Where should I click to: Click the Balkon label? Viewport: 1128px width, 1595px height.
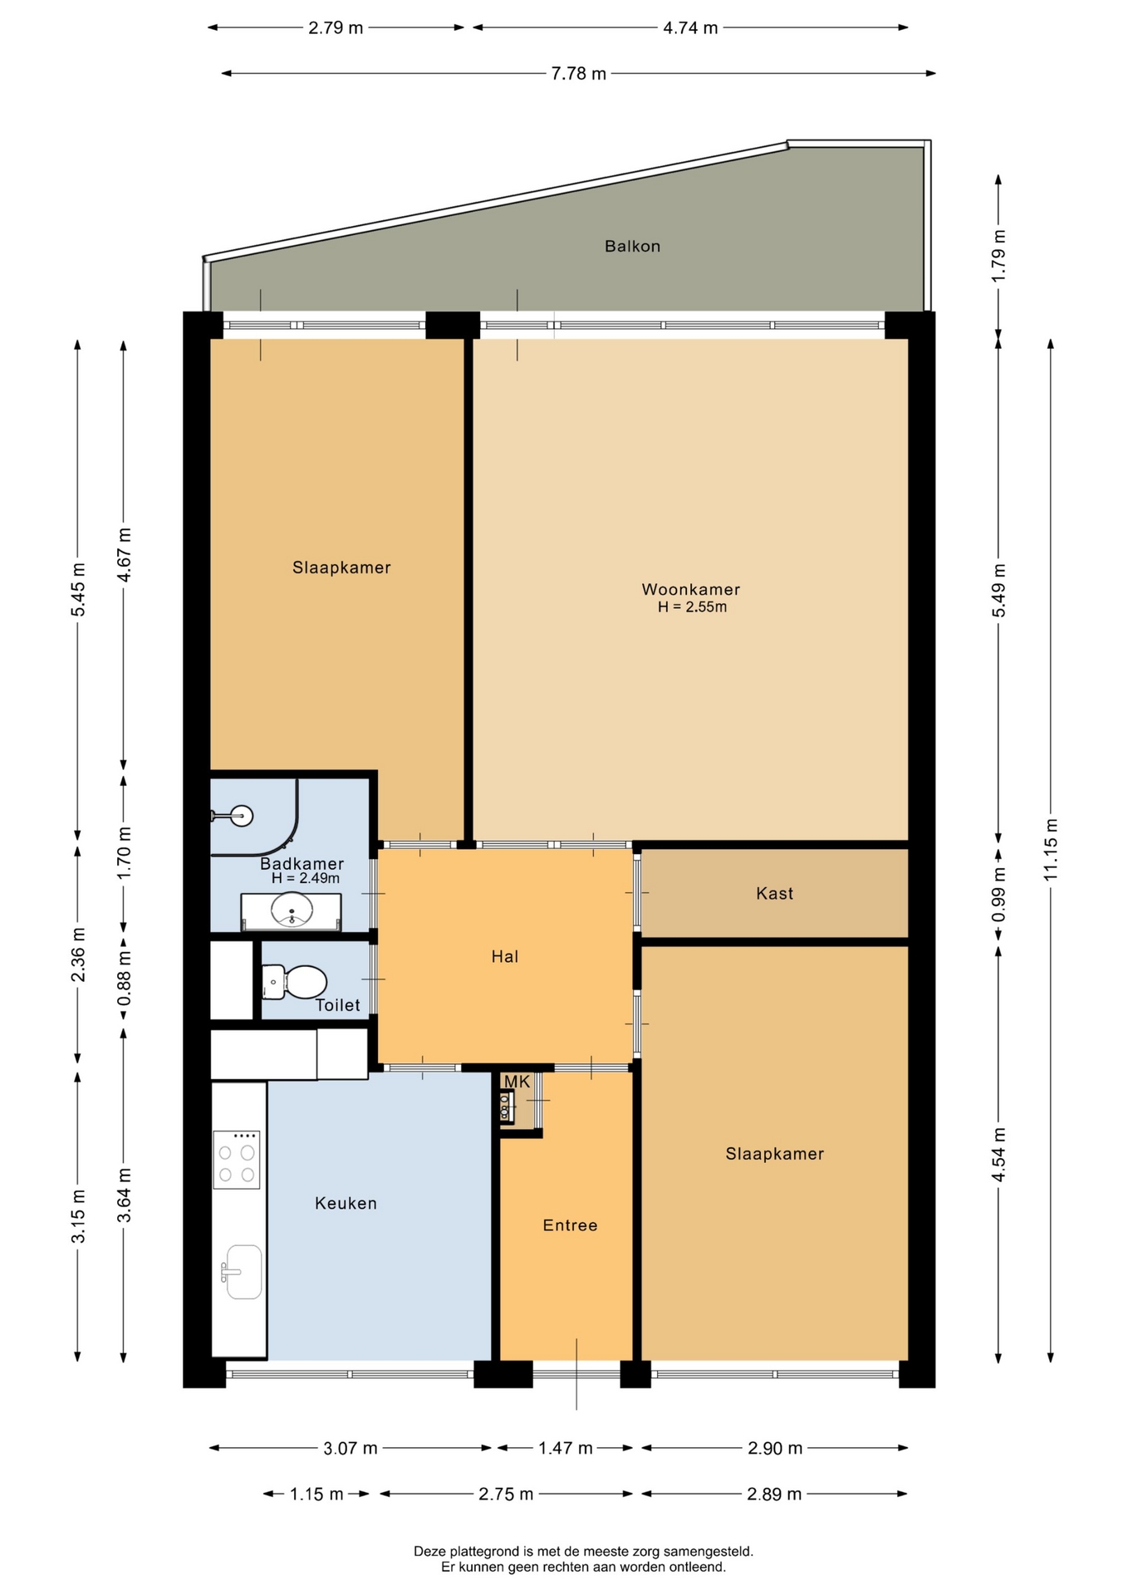tap(632, 246)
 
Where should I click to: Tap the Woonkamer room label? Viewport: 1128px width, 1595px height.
tap(690, 589)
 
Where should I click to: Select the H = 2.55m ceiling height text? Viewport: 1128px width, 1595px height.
tap(692, 607)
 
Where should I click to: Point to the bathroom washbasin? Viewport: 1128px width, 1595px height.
tap(292, 910)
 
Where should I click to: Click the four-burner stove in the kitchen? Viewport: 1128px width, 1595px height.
tap(237, 1160)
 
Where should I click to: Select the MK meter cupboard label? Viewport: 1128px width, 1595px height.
tap(517, 1082)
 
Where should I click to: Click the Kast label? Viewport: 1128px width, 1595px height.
tap(774, 894)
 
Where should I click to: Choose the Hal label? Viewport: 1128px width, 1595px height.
tap(504, 956)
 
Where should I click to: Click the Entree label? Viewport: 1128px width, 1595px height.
tap(570, 1225)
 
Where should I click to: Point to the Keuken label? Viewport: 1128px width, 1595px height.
tap(346, 1203)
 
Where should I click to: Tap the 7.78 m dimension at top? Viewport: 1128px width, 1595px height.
tap(579, 74)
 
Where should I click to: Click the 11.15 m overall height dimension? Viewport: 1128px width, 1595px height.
tap(1051, 850)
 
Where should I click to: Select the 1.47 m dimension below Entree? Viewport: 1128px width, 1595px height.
tap(565, 1448)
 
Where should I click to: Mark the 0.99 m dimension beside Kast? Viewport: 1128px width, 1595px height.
tap(998, 894)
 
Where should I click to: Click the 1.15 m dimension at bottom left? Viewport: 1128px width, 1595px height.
tap(316, 1494)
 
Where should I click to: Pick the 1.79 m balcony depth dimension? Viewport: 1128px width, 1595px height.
tap(998, 256)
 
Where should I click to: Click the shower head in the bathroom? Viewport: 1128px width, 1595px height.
tap(242, 817)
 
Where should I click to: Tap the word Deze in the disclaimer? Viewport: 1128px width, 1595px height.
tap(429, 1551)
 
